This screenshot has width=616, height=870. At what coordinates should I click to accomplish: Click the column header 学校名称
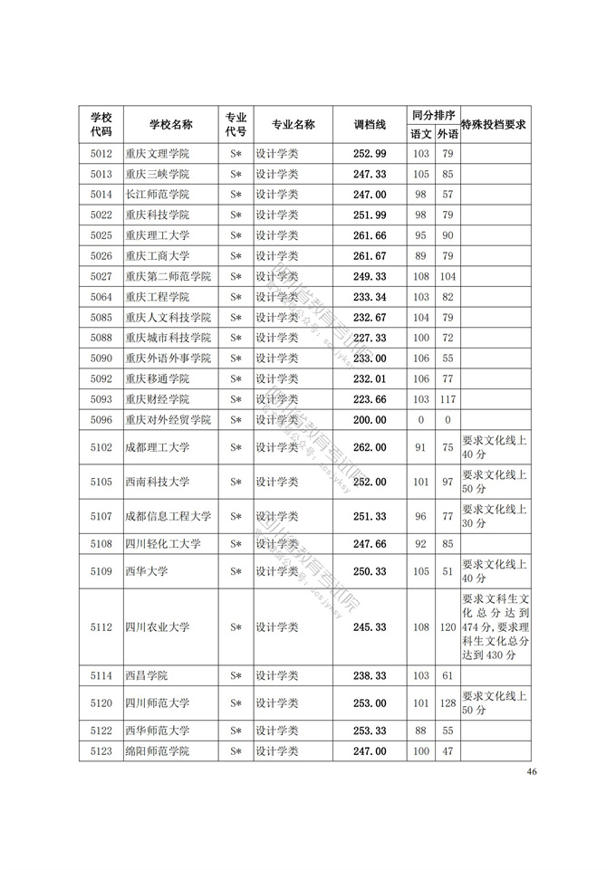point(171,124)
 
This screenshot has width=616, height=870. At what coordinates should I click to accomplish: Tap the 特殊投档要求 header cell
point(494,124)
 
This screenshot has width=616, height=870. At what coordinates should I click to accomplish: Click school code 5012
point(101,153)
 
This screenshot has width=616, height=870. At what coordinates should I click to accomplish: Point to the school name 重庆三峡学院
point(158,174)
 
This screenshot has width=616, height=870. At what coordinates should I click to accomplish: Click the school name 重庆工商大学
point(158,256)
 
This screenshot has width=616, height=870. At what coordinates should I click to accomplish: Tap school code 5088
point(101,338)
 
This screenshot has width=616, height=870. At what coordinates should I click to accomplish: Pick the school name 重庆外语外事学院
point(168,359)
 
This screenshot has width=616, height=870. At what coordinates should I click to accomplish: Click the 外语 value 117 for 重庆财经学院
point(448,399)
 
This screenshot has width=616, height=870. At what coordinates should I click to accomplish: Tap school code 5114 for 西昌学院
point(101,676)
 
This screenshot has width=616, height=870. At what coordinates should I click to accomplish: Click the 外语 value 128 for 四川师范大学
point(448,703)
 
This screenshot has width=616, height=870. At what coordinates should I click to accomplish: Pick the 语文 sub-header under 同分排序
point(421,134)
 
